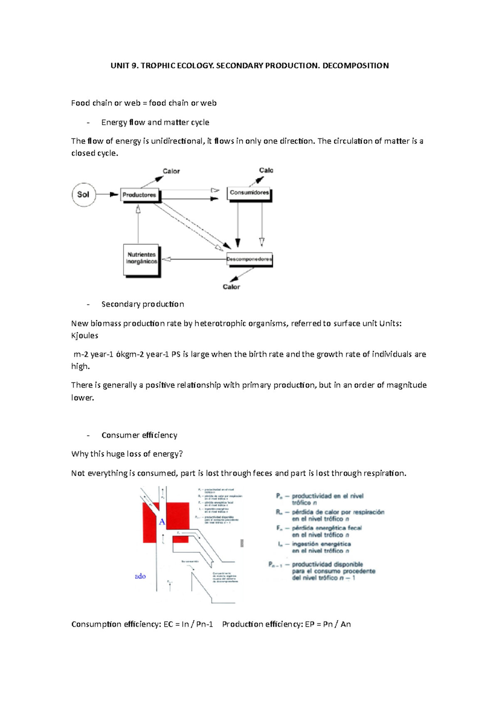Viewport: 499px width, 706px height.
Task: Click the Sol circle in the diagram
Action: [x=84, y=195]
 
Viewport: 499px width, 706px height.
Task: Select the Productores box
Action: [x=139, y=195]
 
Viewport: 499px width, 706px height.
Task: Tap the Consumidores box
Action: [x=249, y=193]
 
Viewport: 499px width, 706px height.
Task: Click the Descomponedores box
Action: [x=249, y=259]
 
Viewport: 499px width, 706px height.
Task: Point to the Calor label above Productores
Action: [x=171, y=171]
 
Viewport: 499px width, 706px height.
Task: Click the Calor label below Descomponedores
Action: [x=231, y=287]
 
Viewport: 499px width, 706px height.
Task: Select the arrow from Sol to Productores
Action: [x=107, y=195]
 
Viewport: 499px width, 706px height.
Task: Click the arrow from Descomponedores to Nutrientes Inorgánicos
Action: [x=193, y=259]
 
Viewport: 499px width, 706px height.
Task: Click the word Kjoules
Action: [x=84, y=336]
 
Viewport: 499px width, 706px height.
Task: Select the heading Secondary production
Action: [x=142, y=304]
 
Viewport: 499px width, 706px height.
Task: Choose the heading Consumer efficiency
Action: [x=139, y=435]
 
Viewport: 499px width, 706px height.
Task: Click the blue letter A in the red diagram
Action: [x=162, y=522]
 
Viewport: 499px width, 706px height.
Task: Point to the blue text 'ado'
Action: [x=140, y=576]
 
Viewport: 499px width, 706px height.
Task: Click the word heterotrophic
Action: [x=220, y=323]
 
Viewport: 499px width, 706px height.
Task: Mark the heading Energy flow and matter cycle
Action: [x=155, y=123]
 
